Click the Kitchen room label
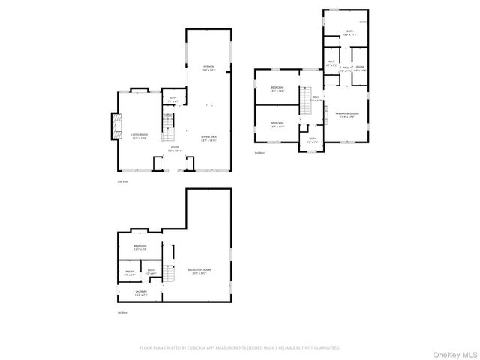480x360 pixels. [208, 68]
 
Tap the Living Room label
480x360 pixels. [139, 136]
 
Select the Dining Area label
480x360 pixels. [208, 138]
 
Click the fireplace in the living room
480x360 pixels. [115, 127]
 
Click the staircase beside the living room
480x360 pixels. [169, 134]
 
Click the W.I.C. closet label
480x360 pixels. [331, 64]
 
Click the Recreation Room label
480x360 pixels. [198, 271]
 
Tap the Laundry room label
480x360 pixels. [140, 292]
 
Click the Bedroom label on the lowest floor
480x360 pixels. [140, 247]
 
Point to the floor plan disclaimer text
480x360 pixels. [240, 348]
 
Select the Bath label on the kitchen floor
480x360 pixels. [172, 99]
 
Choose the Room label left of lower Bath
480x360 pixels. [129, 271]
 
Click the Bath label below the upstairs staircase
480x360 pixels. [312, 140]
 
